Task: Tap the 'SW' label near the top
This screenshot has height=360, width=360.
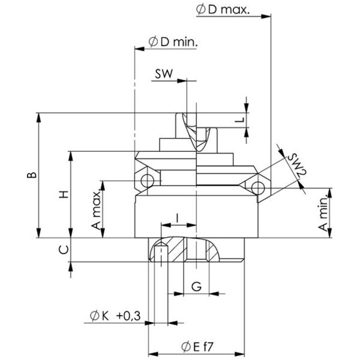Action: point(163,74)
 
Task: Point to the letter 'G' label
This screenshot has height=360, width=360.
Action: point(196,286)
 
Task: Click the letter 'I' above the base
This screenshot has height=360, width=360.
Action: point(178,216)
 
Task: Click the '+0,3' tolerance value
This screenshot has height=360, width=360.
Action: point(128,316)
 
